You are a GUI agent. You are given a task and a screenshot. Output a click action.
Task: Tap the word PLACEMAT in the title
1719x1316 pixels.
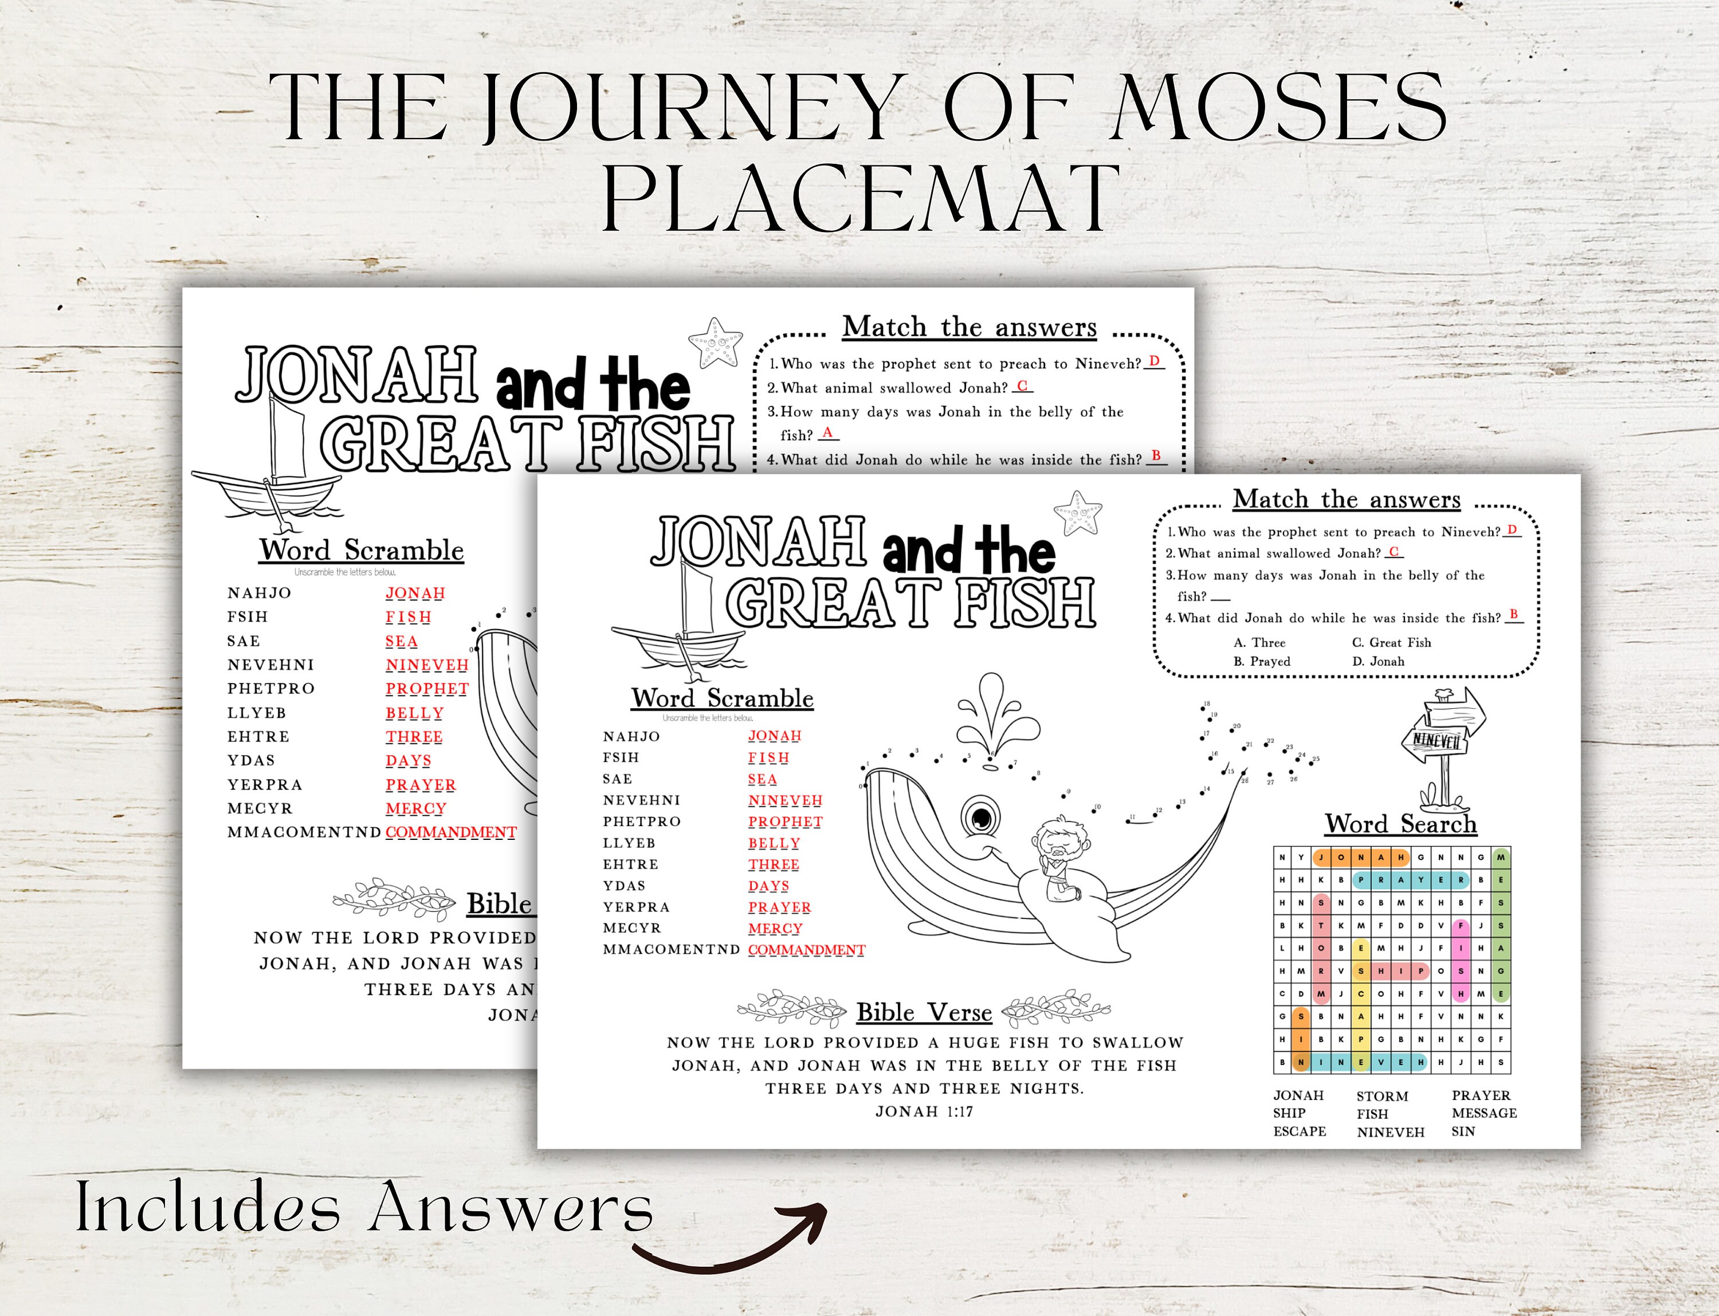860,198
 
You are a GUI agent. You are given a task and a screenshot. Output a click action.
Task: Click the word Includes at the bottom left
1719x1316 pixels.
207,1207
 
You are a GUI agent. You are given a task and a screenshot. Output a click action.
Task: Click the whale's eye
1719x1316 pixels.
981,818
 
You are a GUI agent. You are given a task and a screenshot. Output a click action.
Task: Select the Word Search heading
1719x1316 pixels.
1401,824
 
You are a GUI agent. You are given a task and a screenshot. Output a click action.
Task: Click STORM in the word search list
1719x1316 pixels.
1382,1096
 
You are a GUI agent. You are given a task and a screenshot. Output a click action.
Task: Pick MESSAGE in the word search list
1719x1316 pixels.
1484,1113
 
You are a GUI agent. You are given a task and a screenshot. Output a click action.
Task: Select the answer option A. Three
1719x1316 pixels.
1259,642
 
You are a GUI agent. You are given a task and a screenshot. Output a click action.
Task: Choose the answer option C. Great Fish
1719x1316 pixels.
1391,642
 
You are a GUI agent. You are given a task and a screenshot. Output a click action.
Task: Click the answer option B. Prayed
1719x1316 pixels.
1261,661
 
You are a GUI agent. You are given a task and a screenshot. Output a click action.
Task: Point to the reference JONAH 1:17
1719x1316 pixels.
924,1111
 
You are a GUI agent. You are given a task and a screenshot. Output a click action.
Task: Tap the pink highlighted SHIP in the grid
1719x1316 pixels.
1391,971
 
